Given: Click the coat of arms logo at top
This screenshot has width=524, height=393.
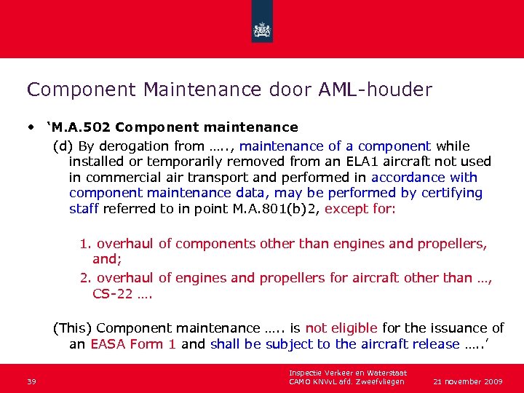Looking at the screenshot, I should [x=262, y=30].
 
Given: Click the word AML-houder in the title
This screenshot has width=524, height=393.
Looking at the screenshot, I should [x=376, y=90].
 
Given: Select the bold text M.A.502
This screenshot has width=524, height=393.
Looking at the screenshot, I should [x=80, y=128].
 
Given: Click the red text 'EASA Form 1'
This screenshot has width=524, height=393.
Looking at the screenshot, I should [x=133, y=344].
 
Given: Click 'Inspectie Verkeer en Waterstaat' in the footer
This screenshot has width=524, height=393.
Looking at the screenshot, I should [x=348, y=373].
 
